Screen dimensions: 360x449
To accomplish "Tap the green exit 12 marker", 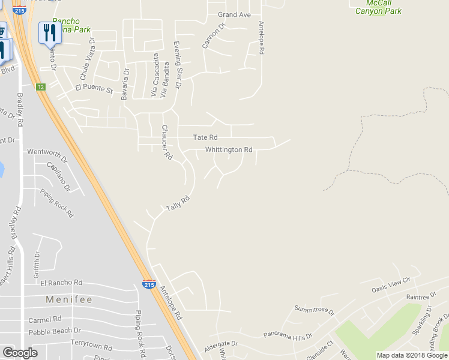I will [40, 87].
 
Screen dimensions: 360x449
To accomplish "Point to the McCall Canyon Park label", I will [378, 7].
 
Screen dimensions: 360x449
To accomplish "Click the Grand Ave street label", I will [234, 14].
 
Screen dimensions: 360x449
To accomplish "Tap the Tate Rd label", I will [205, 138].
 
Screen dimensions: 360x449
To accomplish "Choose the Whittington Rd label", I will [229, 149].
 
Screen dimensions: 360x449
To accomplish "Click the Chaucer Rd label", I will [166, 142].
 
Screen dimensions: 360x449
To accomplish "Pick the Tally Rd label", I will [178, 203].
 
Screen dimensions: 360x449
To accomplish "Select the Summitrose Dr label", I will [314, 310].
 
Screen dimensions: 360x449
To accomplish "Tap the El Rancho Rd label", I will [58, 283].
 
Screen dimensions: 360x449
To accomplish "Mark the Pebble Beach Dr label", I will [55, 331].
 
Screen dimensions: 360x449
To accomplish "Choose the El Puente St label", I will [94, 89].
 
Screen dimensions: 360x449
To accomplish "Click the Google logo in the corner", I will [20, 353].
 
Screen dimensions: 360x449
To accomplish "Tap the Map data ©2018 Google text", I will [411, 355].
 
